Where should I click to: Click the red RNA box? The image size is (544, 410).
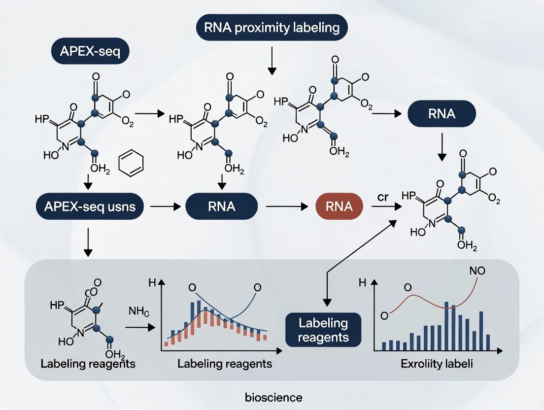point(339,206)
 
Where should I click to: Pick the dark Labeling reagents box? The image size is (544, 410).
point(323,330)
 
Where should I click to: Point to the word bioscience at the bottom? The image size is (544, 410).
point(273,397)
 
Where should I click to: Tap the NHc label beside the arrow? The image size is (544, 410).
point(139,311)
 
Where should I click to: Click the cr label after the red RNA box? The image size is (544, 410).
point(383,196)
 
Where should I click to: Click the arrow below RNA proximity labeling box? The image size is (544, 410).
point(271,63)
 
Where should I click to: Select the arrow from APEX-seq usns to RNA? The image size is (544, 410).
point(164,207)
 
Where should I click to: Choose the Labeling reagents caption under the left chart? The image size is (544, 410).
point(224,364)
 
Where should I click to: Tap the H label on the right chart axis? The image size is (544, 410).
point(363,283)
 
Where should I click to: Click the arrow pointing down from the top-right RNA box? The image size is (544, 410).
point(442,147)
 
